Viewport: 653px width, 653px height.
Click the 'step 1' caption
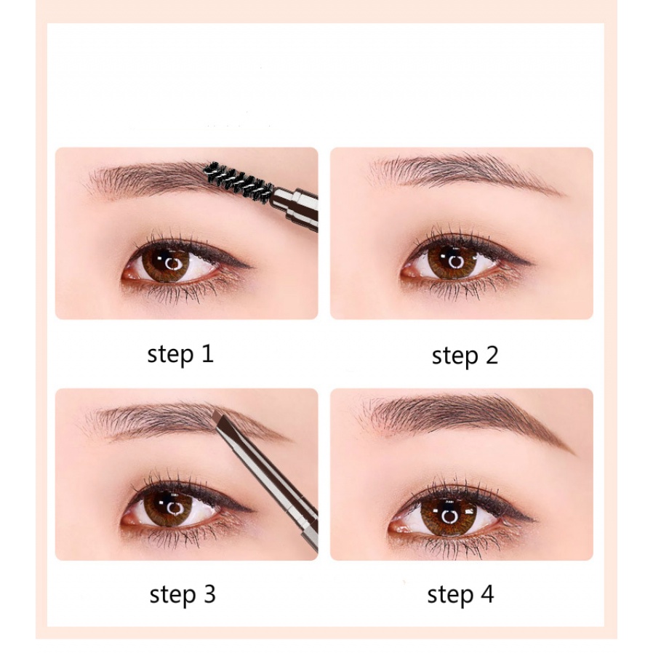(x=180, y=354)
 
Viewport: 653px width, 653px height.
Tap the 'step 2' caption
(x=465, y=356)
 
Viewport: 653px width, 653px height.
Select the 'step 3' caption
(x=183, y=594)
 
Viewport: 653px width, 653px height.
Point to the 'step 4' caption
(x=460, y=594)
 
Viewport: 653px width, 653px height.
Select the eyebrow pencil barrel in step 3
(x=275, y=492)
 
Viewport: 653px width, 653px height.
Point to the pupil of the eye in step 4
(x=446, y=516)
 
